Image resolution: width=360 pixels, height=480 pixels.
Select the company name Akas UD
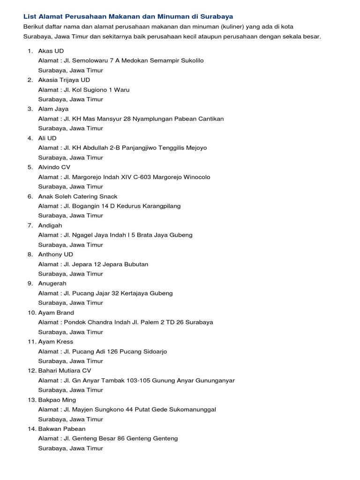(x=51, y=51)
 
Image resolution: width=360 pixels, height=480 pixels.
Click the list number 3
(x=30, y=109)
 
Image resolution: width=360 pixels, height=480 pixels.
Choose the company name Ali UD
(x=47, y=138)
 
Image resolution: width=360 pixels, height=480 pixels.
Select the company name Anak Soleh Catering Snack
(x=78, y=196)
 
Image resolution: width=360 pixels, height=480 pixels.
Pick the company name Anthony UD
(x=56, y=255)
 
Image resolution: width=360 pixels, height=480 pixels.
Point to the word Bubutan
(x=135, y=264)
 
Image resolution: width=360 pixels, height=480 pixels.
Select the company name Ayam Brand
(x=56, y=313)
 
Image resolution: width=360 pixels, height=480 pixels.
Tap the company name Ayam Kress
(x=56, y=342)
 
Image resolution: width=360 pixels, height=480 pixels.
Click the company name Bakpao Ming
(x=57, y=400)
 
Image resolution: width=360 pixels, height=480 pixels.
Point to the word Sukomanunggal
(x=193, y=409)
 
